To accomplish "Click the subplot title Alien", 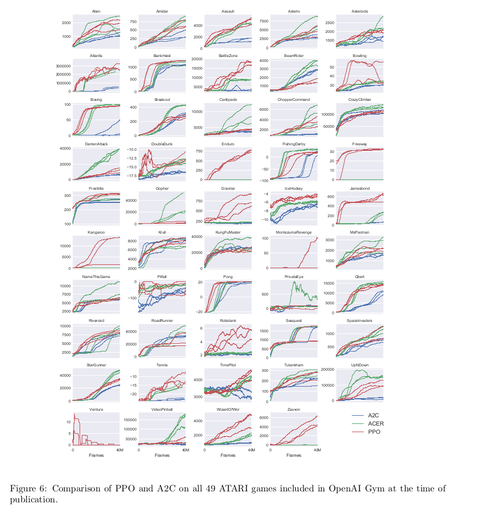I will point(96,11).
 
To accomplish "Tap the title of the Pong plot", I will point(228,276).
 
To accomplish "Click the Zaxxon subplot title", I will point(294,409).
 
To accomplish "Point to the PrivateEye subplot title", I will point(294,276).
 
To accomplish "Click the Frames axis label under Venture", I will point(96,455).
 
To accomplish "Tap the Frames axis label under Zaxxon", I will point(294,455).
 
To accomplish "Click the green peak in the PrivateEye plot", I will point(297,284).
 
